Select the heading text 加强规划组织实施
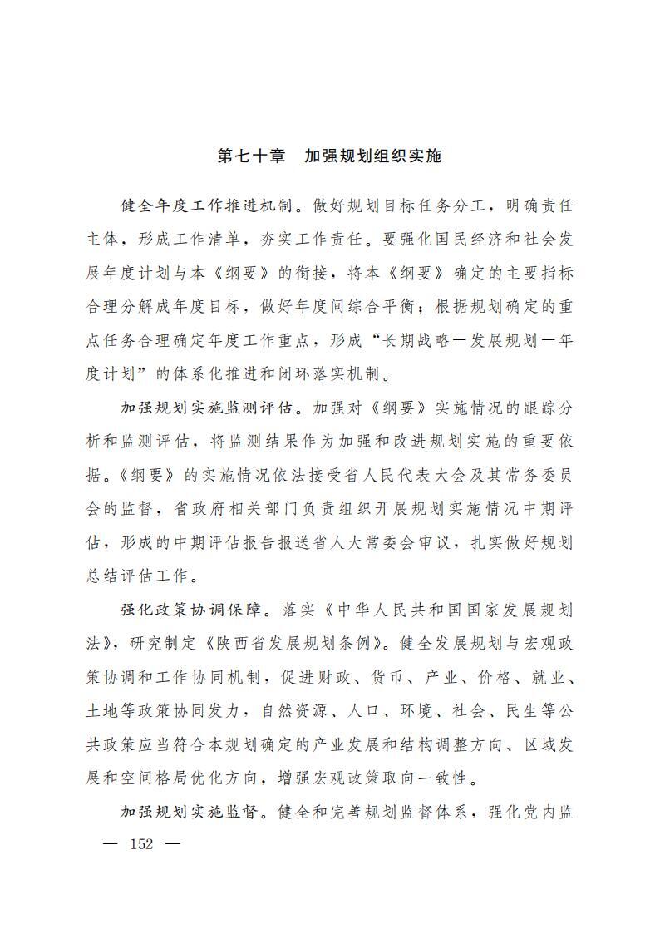pyautogui.click(x=372, y=156)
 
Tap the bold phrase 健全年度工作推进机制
pyautogui.click(x=208, y=206)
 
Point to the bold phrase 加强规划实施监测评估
pyautogui.click(x=208, y=408)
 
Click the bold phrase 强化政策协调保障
pyautogui.click(x=190, y=610)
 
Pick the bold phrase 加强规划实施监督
pyautogui.click(x=190, y=812)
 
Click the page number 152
pyautogui.click(x=143, y=844)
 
